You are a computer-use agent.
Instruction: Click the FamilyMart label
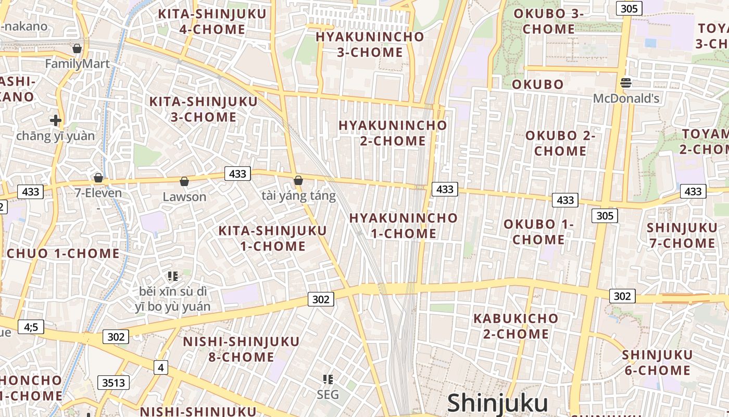[77, 64]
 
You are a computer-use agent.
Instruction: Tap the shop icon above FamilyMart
[77, 48]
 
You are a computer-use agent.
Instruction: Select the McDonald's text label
[626, 98]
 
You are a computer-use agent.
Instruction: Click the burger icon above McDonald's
[626, 82]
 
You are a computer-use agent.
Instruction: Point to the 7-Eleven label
[98, 193]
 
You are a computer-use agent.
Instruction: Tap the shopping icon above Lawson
[184, 181]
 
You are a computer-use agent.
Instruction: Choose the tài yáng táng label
[298, 196]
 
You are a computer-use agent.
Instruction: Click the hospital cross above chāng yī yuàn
[55, 120]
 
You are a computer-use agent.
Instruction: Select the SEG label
[328, 395]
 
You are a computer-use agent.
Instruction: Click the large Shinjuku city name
[497, 403]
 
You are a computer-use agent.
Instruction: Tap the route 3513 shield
[114, 383]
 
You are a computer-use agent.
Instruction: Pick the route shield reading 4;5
[31, 327]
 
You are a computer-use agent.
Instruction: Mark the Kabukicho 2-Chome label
[516, 326]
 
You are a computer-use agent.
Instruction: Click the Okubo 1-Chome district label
[538, 232]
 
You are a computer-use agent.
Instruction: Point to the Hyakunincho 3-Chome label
[370, 44]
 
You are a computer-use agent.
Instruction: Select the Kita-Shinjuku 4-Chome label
[212, 21]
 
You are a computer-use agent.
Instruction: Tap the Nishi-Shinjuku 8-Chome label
[241, 349]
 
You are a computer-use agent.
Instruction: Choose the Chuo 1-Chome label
[63, 254]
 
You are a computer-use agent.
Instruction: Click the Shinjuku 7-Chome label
[682, 236]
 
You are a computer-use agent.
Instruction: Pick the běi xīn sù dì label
[173, 291]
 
